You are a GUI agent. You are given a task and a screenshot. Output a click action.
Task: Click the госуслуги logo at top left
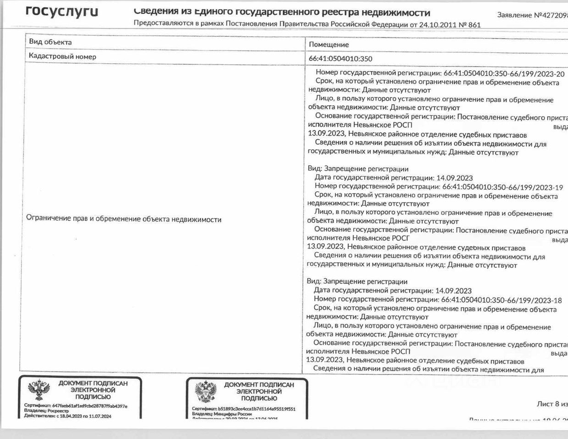click(62, 12)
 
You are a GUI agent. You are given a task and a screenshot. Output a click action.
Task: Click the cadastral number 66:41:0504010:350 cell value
click(340, 59)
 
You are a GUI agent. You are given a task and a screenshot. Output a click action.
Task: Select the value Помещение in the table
click(329, 45)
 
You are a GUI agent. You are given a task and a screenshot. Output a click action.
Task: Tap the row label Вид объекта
click(50, 42)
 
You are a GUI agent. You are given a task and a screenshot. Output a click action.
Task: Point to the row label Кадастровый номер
click(62, 56)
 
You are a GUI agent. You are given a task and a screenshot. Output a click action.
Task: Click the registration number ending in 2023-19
click(502, 187)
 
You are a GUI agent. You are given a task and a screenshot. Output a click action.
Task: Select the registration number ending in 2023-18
click(501, 300)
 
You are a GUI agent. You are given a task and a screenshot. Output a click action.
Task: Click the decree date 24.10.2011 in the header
click(435, 25)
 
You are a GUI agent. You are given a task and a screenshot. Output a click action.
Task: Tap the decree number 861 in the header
click(474, 25)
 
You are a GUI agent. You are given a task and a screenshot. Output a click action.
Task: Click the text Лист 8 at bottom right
click(549, 404)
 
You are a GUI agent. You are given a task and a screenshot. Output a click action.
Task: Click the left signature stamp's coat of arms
click(39, 390)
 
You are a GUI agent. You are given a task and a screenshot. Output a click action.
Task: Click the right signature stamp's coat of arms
click(205, 392)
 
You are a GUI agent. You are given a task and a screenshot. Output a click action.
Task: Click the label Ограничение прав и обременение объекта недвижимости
click(124, 219)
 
